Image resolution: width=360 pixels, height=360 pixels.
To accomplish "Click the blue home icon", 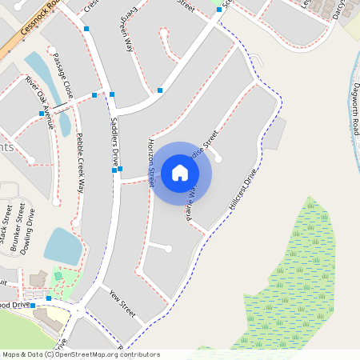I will [x=180, y=173].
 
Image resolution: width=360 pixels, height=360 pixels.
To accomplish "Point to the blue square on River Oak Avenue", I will [x=42, y=114].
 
